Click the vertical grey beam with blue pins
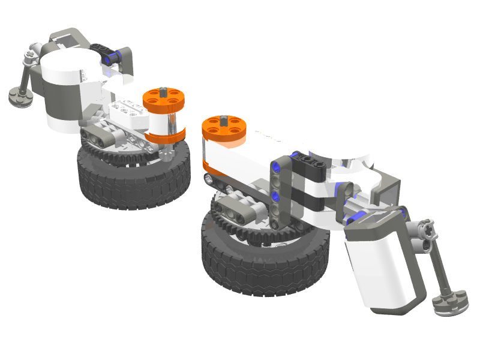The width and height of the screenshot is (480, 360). pos(278,186)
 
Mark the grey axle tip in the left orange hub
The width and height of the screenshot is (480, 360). pos(163,93)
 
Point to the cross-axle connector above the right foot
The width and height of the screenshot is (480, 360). pos(425,231)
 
